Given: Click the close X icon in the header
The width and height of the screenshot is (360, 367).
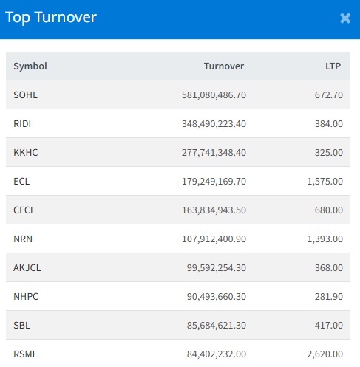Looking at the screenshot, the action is click(x=345, y=18).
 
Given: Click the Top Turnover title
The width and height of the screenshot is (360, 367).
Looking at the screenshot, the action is click(x=51, y=18).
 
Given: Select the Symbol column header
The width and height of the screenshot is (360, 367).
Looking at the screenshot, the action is click(x=30, y=66).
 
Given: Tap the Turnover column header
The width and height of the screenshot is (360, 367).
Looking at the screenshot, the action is click(x=224, y=66).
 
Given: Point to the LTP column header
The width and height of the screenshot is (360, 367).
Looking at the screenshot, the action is click(x=333, y=66).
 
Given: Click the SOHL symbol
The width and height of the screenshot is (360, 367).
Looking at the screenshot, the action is click(x=25, y=95).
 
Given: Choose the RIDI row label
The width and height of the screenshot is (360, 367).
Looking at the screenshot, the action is click(x=22, y=124).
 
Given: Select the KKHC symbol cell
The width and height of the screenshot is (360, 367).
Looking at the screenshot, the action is click(x=26, y=153).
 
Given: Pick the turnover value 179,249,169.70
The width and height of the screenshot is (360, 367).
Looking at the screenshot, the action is click(x=214, y=182).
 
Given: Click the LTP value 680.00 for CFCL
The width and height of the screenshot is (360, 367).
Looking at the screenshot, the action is click(x=329, y=210).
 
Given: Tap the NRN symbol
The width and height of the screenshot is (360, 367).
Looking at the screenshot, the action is click(x=23, y=239).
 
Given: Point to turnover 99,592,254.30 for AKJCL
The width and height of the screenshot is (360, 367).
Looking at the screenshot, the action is click(x=217, y=268).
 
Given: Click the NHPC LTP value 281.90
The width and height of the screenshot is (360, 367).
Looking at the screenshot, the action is click(x=329, y=297).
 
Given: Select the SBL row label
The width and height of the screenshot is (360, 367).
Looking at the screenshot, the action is click(x=21, y=326).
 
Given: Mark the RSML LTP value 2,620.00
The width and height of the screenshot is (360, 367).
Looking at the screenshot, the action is click(x=325, y=354).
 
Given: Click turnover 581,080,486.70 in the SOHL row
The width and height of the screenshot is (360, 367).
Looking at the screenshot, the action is click(x=214, y=95).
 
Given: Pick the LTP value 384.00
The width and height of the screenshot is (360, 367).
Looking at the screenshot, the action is click(x=329, y=124).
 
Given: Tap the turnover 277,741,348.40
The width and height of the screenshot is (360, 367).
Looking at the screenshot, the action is click(x=214, y=153).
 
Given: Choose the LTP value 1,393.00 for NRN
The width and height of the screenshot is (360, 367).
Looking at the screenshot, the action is click(x=325, y=239).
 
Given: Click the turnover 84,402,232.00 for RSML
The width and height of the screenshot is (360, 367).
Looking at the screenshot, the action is click(x=217, y=354).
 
